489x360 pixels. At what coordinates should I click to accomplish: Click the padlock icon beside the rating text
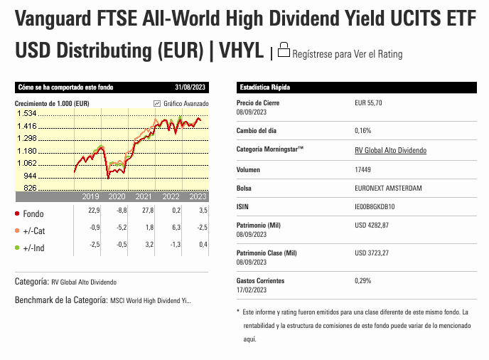284,50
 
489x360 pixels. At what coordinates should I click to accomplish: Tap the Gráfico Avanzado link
181,103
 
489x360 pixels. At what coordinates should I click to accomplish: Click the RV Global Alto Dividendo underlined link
390,150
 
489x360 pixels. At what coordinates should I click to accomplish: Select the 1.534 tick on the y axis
27,113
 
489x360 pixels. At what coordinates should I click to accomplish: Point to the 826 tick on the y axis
30,188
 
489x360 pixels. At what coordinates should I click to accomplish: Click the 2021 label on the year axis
144,196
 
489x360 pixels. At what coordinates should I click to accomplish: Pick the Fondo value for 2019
94,210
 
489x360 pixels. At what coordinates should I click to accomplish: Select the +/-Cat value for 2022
176,227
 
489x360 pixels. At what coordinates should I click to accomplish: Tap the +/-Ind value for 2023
203,244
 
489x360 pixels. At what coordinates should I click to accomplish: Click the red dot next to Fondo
17,213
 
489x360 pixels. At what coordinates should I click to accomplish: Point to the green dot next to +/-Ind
17,248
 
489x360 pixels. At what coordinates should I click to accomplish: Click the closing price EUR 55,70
368,102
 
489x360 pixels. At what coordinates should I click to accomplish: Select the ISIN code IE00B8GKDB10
375,206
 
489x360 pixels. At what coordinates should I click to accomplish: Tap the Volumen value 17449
362,169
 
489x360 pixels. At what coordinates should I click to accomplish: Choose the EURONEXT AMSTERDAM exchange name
388,188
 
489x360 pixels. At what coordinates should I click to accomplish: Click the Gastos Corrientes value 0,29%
363,280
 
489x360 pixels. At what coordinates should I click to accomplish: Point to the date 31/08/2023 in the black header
190,87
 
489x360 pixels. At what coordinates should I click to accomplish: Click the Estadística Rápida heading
265,87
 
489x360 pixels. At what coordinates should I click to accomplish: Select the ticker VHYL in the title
241,50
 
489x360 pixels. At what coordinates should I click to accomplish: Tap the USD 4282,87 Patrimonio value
372,225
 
